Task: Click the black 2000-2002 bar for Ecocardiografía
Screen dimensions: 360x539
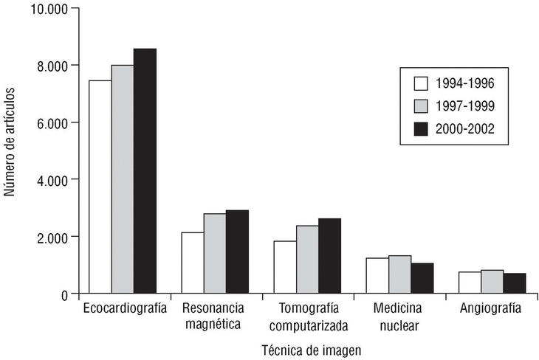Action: (x=145, y=171)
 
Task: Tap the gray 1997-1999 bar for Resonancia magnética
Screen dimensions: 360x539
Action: (x=216, y=254)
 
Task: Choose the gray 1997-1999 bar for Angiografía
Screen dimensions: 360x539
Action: (x=492, y=282)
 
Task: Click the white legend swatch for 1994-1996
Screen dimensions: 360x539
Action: (x=422, y=82)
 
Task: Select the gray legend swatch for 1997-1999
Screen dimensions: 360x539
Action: (x=422, y=105)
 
